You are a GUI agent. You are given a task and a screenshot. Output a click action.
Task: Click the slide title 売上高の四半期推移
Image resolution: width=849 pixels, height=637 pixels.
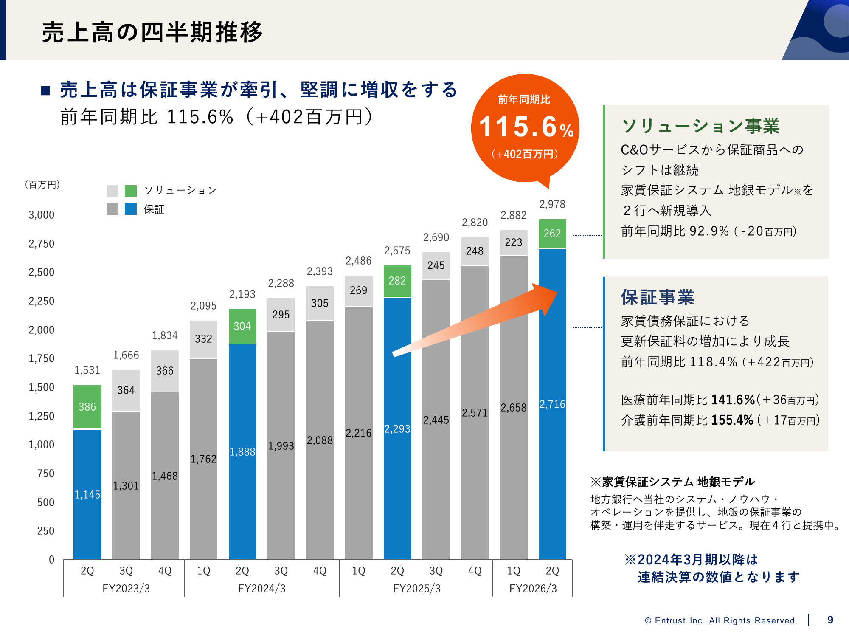tap(152, 32)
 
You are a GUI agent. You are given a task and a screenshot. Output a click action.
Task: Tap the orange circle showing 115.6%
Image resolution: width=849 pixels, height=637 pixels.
tap(526, 127)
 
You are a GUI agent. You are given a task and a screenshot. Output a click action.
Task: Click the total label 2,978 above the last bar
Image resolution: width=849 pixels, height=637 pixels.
tap(552, 204)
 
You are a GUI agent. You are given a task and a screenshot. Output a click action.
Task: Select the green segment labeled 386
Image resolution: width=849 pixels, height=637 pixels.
tap(87, 406)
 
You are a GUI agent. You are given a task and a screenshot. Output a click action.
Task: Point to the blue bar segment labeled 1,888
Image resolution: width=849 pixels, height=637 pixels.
tap(242, 451)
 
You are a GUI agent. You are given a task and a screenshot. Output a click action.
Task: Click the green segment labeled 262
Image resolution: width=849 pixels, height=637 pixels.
tap(552, 234)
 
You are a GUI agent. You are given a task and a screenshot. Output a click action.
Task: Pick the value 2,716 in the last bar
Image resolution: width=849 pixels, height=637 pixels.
tap(552, 404)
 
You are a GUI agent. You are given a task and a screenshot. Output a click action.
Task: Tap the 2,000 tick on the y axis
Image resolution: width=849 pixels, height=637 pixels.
tap(42, 330)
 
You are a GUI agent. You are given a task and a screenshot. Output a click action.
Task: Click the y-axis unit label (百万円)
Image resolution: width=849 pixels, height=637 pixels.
tap(42, 185)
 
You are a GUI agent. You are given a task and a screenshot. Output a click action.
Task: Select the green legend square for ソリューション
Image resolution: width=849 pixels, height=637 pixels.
tap(131, 191)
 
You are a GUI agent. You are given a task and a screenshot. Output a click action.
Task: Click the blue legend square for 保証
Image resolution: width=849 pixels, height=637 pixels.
tap(131, 209)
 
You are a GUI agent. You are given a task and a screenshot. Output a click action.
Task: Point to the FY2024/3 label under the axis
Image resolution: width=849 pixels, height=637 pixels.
tap(261, 588)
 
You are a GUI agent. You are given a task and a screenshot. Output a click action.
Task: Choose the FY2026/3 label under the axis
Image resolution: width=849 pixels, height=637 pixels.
tap(533, 588)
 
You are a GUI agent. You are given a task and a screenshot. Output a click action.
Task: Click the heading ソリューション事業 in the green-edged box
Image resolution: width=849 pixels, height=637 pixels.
tap(700, 126)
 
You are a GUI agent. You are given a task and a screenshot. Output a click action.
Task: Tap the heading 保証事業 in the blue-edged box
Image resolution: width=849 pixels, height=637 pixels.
tap(658, 297)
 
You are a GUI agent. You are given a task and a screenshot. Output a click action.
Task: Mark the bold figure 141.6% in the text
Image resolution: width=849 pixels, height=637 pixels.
tap(733, 400)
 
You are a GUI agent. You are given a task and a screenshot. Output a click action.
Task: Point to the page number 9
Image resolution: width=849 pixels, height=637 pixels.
tap(830, 620)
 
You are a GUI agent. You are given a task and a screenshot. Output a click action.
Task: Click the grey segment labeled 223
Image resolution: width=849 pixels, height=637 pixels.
tap(513, 242)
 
